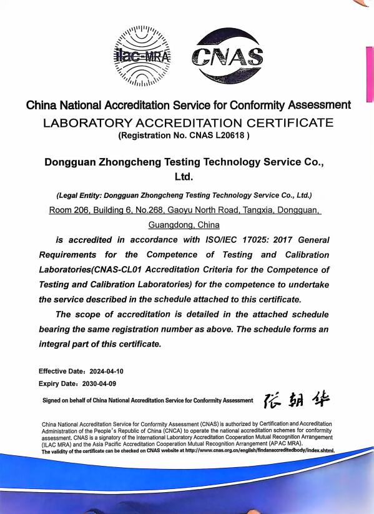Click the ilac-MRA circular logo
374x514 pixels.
(143, 56)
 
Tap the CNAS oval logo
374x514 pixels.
(227, 57)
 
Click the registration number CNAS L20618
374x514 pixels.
(214, 135)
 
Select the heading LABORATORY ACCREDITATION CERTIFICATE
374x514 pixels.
(188, 122)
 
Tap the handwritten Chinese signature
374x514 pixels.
(297, 399)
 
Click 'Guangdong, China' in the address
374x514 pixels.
(184, 225)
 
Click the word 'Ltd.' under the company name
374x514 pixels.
(186, 177)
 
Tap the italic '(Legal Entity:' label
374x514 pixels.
(79, 195)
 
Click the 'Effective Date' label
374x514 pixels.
(61, 371)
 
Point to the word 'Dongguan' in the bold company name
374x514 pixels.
(71, 162)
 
